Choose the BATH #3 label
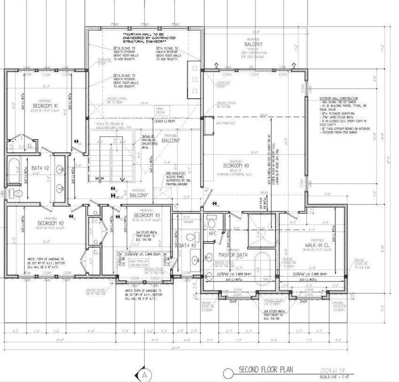(x=188, y=245)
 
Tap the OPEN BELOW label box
(x=161, y=109)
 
